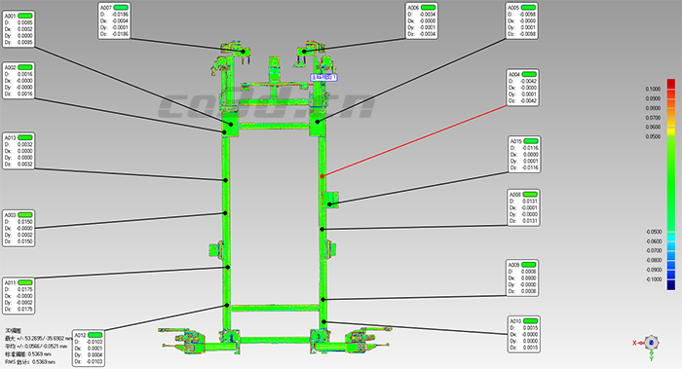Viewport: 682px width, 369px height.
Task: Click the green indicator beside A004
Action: (x=531, y=74)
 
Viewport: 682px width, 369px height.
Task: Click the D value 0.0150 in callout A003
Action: (x=25, y=222)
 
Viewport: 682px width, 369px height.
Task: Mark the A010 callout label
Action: (x=513, y=320)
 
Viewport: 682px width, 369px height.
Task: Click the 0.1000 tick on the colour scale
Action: (x=652, y=89)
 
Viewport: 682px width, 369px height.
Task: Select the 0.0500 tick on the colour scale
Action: (x=652, y=137)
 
